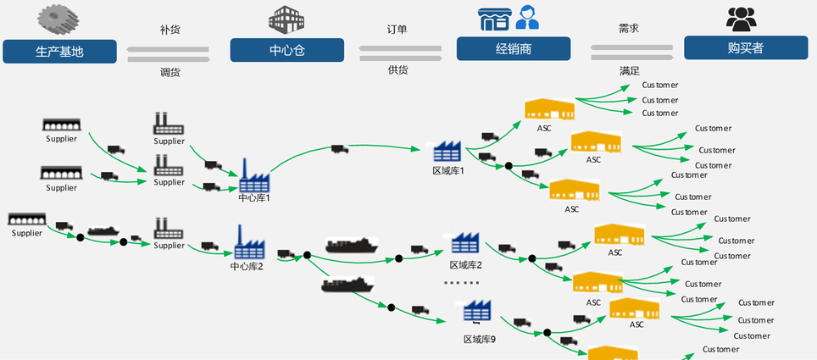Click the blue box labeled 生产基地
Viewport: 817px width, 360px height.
click(x=60, y=50)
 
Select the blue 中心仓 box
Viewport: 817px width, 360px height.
click(x=286, y=49)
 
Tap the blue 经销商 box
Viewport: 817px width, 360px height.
click(x=513, y=48)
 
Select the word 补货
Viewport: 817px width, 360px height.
click(x=170, y=30)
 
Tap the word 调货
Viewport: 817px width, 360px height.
click(x=170, y=72)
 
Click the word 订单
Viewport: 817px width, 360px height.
click(x=397, y=29)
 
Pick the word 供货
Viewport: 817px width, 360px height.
click(x=397, y=70)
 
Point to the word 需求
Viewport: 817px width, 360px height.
click(x=628, y=28)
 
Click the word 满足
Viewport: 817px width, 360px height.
click(x=628, y=69)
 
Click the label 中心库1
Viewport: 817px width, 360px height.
click(x=253, y=198)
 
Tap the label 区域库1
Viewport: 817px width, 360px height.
click(x=448, y=171)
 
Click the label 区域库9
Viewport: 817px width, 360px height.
click(x=479, y=339)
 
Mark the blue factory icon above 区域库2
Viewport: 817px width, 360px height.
click(x=466, y=243)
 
